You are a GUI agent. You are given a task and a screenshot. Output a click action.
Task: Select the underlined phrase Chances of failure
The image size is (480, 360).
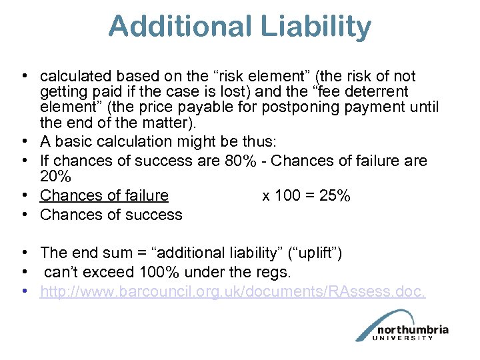pyautogui.click(x=104, y=195)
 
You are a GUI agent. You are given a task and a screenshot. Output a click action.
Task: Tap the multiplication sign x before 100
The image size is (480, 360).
pyautogui.click(x=266, y=195)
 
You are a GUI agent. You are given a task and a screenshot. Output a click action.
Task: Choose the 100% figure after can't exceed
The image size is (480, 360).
pyautogui.click(x=157, y=272)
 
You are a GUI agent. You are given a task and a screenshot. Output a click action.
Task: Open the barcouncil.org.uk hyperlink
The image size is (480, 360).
pyautogui.click(x=232, y=291)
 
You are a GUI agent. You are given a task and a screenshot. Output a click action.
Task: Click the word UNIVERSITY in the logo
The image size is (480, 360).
pyautogui.click(x=410, y=339)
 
